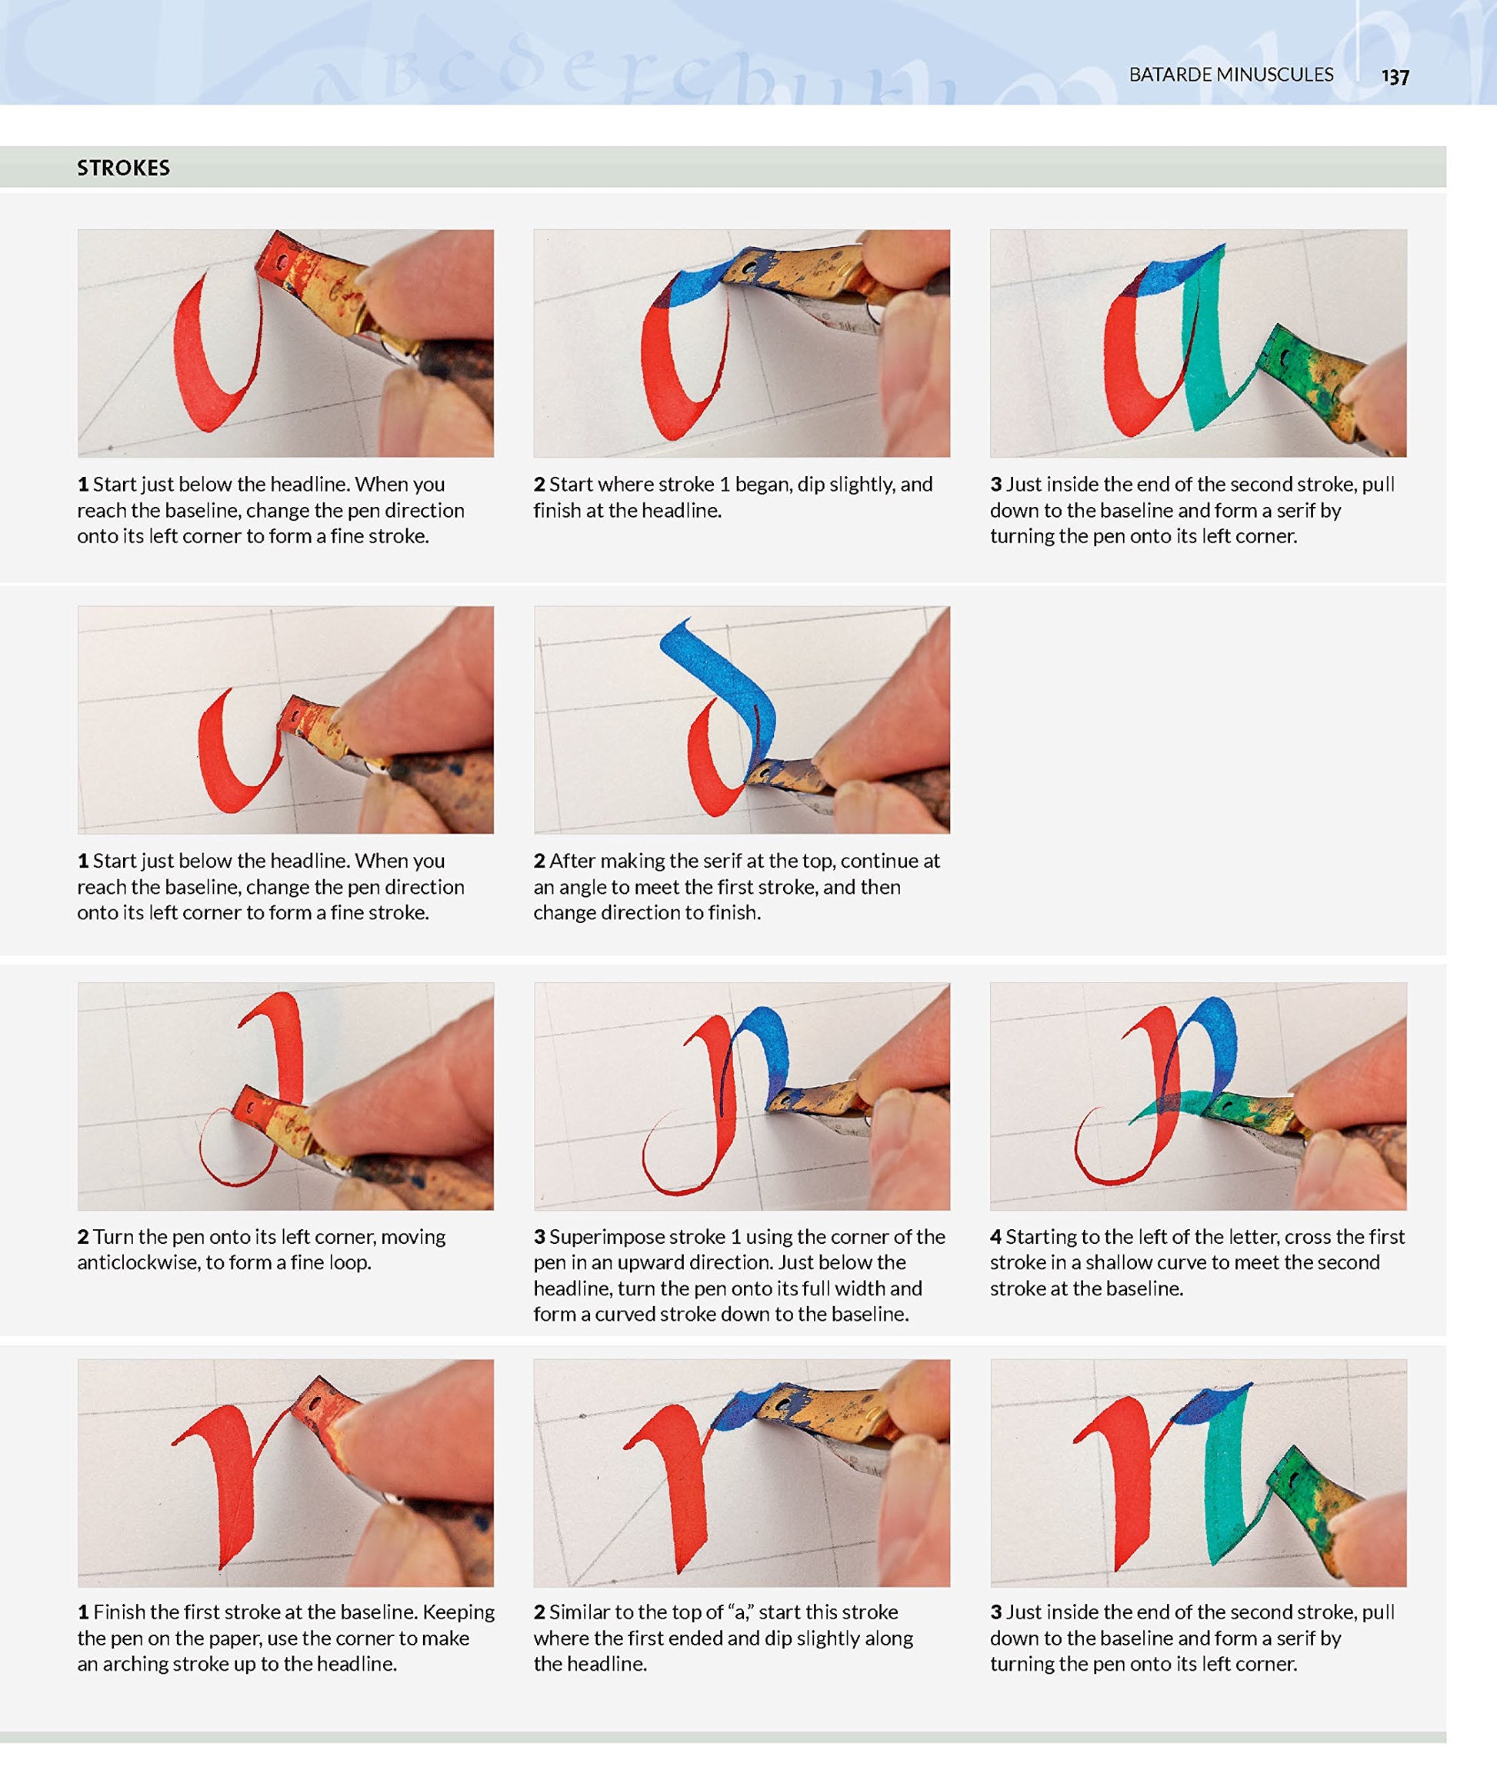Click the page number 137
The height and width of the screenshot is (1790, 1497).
1395,77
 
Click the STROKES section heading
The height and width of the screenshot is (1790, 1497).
124,168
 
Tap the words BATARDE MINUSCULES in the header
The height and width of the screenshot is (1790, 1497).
1231,75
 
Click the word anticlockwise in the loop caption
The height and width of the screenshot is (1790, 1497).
136,1262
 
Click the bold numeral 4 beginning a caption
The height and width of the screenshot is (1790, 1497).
995,1237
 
